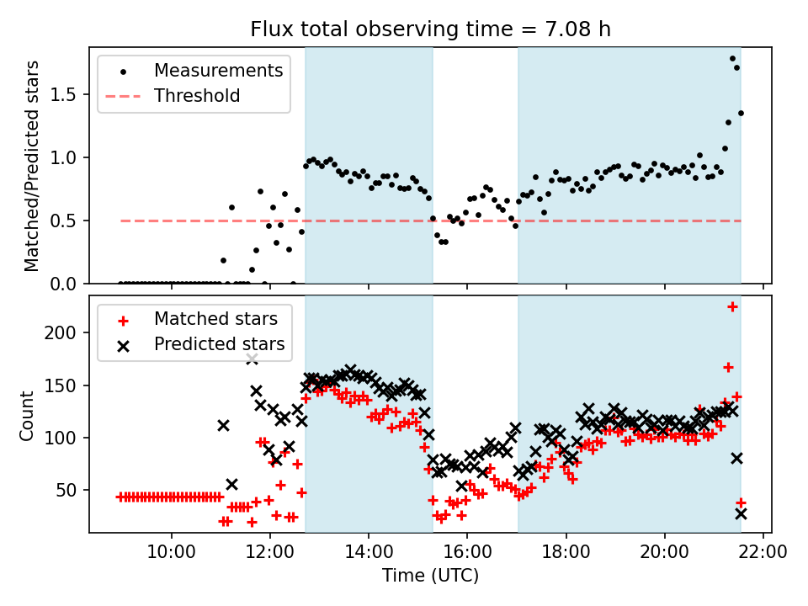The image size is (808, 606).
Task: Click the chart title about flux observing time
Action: point(430,29)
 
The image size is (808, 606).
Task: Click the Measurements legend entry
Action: point(218,71)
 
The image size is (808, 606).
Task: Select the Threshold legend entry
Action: point(197,96)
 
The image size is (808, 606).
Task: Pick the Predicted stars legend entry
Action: point(219,344)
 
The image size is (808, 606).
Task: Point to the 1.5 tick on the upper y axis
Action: point(67,94)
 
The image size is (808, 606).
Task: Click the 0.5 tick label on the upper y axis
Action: point(67,221)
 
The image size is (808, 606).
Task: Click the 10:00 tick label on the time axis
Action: point(172,554)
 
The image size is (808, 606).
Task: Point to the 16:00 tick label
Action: point(467,554)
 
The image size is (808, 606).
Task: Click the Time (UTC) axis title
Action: point(430,577)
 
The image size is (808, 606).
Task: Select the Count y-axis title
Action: point(28,415)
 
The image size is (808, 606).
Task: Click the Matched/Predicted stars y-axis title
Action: point(32,166)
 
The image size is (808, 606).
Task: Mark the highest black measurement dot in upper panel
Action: point(732,59)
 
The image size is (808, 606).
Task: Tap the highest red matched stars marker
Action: point(732,307)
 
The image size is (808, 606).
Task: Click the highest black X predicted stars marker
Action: point(252,359)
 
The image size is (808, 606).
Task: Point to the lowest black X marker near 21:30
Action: point(741,513)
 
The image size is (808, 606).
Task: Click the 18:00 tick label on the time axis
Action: point(566,554)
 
